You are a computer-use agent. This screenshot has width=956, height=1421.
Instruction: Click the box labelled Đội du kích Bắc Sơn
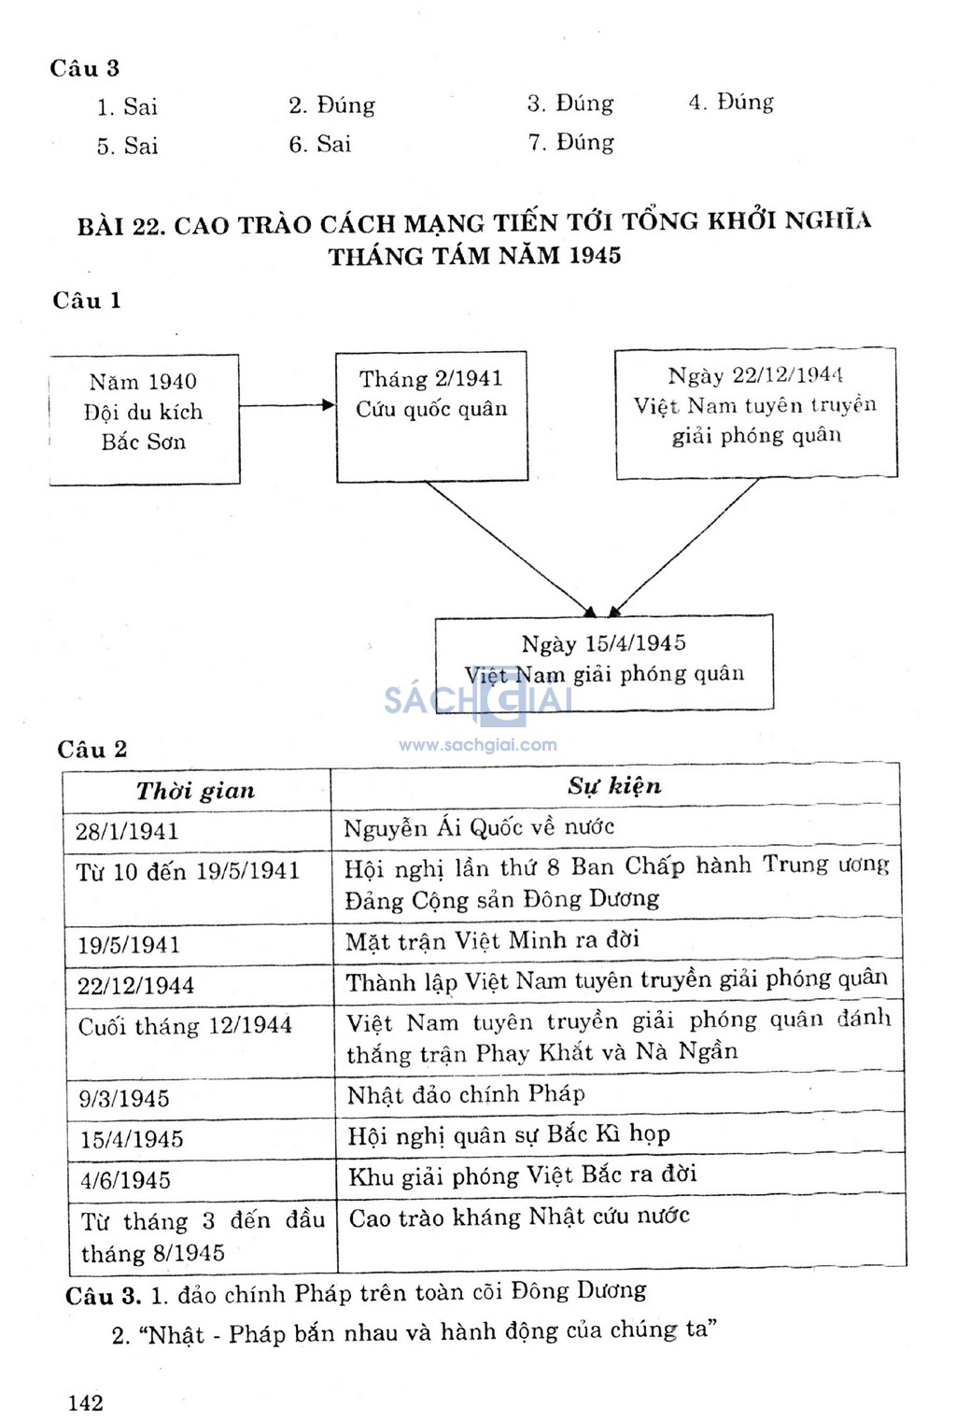click(144, 417)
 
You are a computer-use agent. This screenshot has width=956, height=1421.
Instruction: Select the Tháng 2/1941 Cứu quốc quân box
click(431, 415)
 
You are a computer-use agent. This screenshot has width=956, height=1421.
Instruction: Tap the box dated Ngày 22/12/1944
click(755, 412)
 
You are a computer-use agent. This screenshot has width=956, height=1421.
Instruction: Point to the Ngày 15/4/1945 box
click(604, 661)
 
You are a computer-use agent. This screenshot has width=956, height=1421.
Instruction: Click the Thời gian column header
click(196, 791)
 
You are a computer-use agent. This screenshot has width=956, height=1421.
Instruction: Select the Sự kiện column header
click(614, 786)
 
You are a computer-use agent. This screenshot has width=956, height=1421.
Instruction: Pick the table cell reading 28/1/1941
click(127, 831)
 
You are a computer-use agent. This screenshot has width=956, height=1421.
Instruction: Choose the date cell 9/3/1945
click(124, 1098)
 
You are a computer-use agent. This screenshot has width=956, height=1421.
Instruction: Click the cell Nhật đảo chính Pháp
click(466, 1094)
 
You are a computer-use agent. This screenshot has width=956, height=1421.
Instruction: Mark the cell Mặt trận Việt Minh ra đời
click(492, 940)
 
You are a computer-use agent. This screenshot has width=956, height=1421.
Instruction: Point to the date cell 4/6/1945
click(125, 1180)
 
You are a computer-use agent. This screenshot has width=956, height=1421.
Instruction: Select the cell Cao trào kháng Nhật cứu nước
click(519, 1217)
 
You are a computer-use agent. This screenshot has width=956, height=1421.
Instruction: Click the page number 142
click(86, 1402)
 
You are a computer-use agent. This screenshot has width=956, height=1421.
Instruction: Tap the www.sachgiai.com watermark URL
click(478, 745)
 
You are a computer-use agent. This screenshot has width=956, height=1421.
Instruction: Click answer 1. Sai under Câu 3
click(128, 107)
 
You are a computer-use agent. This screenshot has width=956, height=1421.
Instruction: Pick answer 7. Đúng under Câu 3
click(571, 143)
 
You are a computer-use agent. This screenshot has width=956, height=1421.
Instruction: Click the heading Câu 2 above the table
click(92, 750)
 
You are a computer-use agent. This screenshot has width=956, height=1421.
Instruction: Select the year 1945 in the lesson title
click(595, 256)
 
